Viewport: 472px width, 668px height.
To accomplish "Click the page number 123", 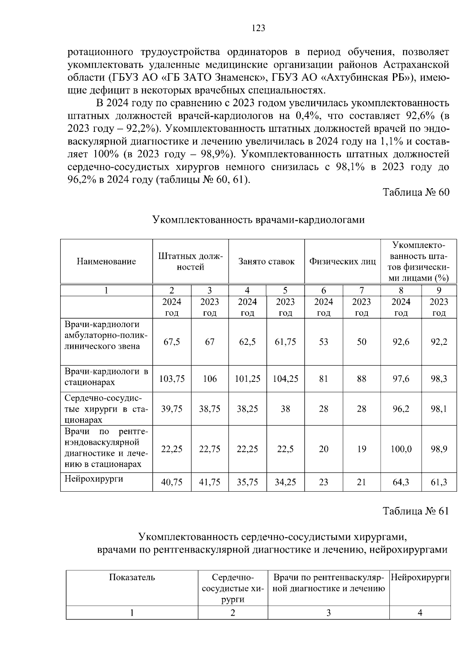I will [258, 28].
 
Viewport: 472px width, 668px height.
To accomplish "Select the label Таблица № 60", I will [416, 192].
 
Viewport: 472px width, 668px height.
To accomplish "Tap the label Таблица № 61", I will [416, 511].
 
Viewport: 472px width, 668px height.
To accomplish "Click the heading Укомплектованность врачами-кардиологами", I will [258, 220].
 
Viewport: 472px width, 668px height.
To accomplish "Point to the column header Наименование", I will [106, 261].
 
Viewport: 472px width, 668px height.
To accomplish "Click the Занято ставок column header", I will [266, 261].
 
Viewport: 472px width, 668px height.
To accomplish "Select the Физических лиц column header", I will [342, 261].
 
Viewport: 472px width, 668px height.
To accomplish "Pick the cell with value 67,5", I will [172, 342].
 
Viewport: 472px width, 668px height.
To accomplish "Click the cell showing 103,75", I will [172, 379].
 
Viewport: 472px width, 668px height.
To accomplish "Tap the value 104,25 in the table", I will [286, 379].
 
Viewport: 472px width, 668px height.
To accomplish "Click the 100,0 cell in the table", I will [401, 449].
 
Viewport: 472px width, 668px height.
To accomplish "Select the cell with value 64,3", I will [401, 482].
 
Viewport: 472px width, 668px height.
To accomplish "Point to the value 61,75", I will [286, 342].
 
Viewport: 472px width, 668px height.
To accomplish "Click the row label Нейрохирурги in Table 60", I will [94, 479].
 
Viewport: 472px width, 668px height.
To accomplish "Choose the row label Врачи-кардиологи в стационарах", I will [106, 377].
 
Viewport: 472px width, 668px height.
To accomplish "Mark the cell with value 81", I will [323, 379].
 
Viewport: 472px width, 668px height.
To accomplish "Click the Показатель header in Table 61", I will [132, 577].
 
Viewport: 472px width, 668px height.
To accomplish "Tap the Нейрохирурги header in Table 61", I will [420, 577].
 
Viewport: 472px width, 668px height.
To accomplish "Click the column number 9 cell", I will [439, 291].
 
